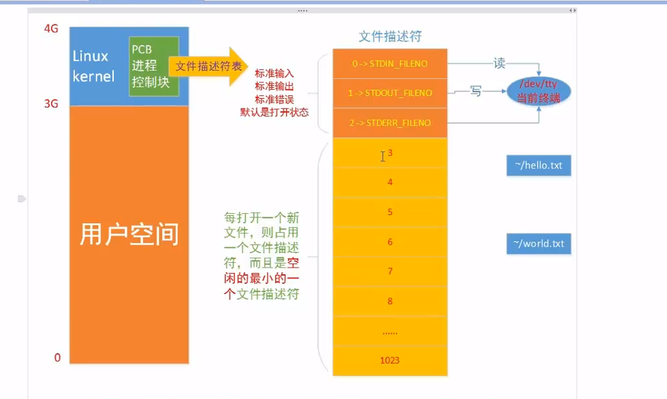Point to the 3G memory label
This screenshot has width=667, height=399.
(x=51, y=103)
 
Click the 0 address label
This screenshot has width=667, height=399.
(x=57, y=357)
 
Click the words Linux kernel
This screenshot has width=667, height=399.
(x=93, y=66)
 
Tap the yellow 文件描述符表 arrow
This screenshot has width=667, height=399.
(x=208, y=66)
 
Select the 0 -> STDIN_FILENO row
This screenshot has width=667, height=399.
(x=390, y=63)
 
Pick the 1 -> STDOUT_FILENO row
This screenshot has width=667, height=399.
(x=390, y=93)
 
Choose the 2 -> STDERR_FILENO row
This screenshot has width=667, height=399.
(x=390, y=123)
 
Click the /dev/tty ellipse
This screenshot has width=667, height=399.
(x=538, y=89)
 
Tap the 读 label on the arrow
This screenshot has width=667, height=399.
(x=499, y=63)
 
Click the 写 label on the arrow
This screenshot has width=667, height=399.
(x=476, y=91)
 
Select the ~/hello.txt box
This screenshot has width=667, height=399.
(x=538, y=165)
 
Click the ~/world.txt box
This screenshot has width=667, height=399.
(x=538, y=243)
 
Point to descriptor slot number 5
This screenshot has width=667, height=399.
(x=390, y=212)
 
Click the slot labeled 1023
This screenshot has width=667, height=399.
(x=390, y=360)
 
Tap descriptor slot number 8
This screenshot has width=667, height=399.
(x=390, y=301)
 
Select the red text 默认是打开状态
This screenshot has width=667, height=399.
(x=275, y=112)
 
